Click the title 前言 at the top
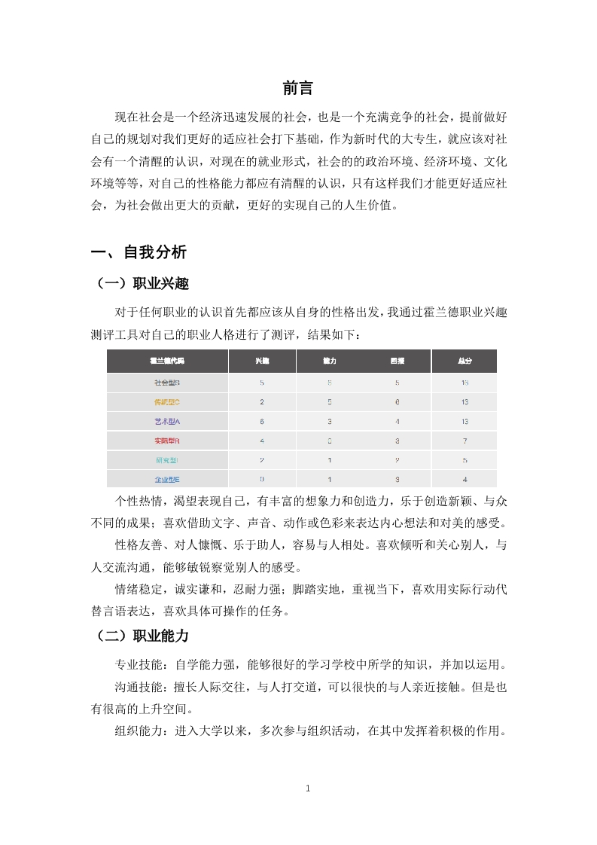pyautogui.click(x=297, y=88)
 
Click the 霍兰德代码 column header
pyautogui.click(x=167, y=361)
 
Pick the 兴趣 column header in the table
pyautogui.click(x=262, y=361)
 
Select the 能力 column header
pyautogui.click(x=330, y=361)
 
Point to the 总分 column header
pyautogui.click(x=465, y=361)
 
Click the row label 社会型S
pyautogui.click(x=167, y=383)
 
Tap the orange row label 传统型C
pyautogui.click(x=167, y=402)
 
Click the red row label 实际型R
pyautogui.click(x=167, y=441)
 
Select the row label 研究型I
pyautogui.click(x=167, y=460)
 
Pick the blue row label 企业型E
pyautogui.click(x=167, y=479)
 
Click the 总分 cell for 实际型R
pyautogui.click(x=465, y=441)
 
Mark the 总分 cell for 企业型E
pyautogui.click(x=465, y=479)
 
